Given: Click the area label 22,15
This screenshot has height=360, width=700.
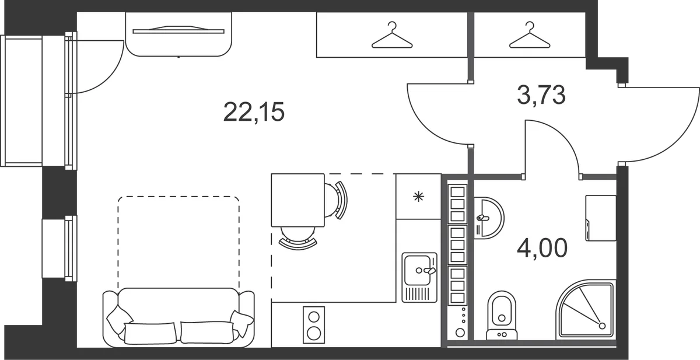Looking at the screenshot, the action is point(254,112).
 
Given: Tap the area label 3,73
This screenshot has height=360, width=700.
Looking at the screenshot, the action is point(541,95).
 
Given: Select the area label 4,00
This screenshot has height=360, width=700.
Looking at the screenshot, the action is point(542,247).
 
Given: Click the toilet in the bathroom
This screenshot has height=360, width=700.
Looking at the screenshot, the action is point(502,316).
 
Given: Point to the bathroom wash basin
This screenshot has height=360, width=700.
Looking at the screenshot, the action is point(488,218).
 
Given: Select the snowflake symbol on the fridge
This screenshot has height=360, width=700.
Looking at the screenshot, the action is point(418,197).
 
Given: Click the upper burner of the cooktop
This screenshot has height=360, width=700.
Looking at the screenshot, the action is point(313,317).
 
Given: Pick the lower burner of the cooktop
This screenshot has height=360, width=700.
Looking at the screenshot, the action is point(313,333).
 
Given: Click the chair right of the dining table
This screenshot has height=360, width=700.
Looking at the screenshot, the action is point(336,200).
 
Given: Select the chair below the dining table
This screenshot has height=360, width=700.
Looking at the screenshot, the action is point(298,237).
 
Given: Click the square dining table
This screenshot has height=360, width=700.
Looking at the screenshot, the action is point(298,200).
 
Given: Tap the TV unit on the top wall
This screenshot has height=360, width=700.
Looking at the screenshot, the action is point(178,34).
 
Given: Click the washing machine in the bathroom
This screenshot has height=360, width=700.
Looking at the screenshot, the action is point(601,218).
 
